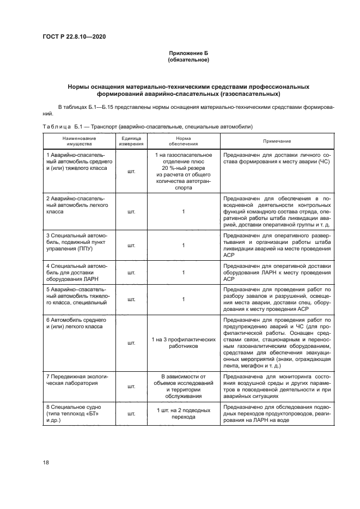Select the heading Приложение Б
[188, 53]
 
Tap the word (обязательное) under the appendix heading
[188, 59]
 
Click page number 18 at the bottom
[46, 462]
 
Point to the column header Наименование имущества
[76, 141]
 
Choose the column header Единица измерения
[131, 141]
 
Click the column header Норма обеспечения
[183, 141]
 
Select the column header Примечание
[277, 141]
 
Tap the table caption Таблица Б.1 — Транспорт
[147, 126]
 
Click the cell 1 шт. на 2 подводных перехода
[183, 414]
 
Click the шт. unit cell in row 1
[131, 171]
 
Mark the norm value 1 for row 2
[183, 212]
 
